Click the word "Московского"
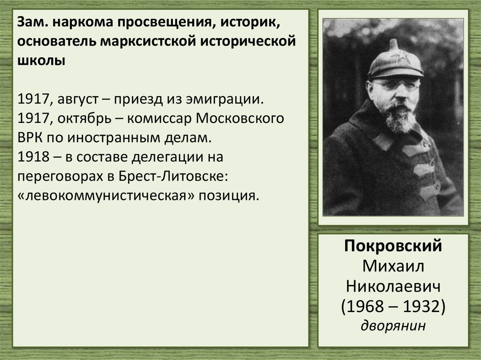coord(240,119)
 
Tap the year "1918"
coord(33,157)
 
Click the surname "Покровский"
coord(393,246)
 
